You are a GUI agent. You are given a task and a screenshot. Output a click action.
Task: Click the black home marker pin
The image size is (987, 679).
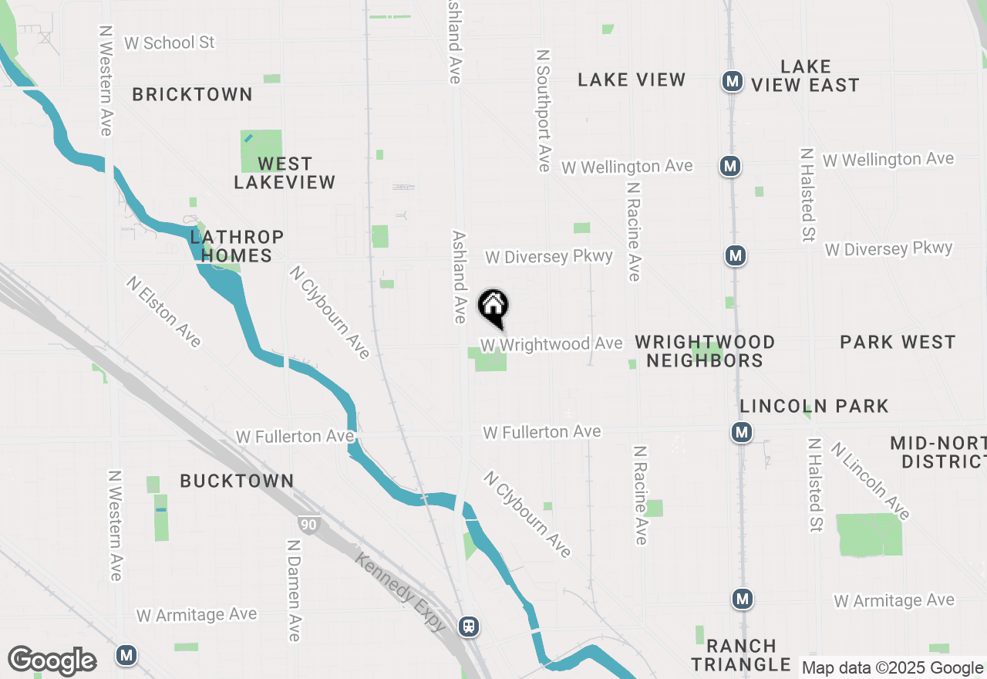click(x=493, y=307)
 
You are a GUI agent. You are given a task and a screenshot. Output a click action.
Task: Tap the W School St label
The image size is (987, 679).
click(x=169, y=42)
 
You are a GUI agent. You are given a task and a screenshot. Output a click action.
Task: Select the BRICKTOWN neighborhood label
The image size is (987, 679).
click(x=192, y=94)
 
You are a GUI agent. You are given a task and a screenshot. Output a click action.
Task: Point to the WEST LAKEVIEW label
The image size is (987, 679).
click(x=285, y=173)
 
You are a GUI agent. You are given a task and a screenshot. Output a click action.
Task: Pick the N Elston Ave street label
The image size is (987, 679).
click(x=164, y=312)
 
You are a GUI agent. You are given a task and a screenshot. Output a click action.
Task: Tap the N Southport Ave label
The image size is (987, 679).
click(x=544, y=110)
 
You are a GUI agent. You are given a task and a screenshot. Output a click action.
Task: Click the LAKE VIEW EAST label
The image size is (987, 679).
click(x=805, y=76)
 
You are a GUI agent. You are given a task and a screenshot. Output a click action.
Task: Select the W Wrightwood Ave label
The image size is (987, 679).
click(x=551, y=343)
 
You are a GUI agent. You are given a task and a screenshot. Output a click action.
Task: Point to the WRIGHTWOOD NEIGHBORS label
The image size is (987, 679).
click(x=705, y=351)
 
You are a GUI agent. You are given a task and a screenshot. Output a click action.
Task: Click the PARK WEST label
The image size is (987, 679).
click(x=898, y=342)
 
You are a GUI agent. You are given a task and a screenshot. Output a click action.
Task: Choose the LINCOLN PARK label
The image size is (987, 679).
click(x=814, y=406)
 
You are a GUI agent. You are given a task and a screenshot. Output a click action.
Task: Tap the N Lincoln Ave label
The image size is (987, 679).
click(x=870, y=479)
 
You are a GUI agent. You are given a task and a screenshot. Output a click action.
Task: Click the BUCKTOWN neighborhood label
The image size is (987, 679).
click(x=237, y=481)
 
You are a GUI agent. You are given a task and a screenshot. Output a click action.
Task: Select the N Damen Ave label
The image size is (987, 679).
click(x=293, y=590)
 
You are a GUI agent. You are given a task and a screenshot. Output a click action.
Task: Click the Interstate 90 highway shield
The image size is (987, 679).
click(x=308, y=525)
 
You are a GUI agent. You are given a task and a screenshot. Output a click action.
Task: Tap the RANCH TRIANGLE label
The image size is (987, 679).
click(x=740, y=654)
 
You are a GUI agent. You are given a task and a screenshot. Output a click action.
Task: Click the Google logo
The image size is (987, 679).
click(x=52, y=661)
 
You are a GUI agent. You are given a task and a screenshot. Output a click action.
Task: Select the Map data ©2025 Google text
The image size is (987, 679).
click(x=893, y=668)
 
